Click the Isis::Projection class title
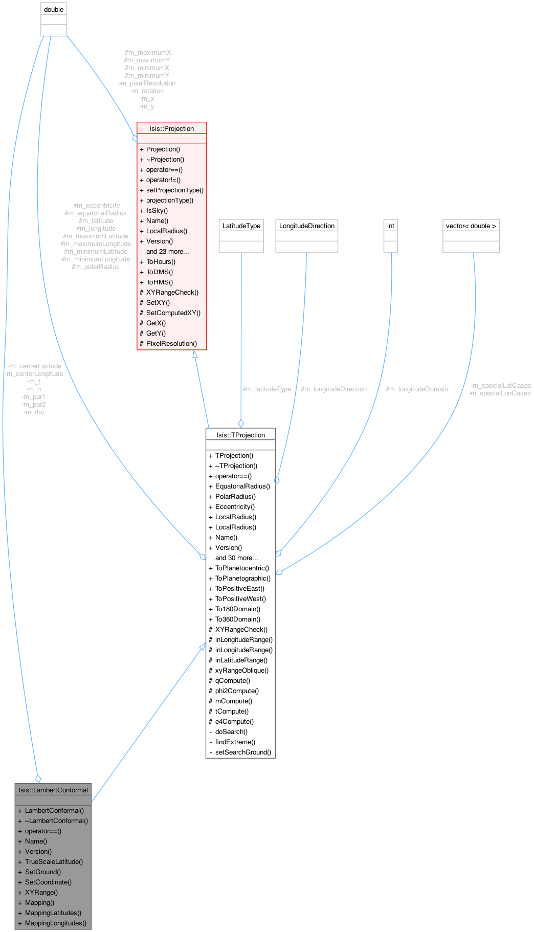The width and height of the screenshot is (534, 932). click(171, 128)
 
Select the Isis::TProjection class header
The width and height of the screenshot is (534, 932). click(240, 435)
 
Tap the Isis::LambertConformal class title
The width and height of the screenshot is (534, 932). click(53, 790)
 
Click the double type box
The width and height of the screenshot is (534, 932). click(54, 9)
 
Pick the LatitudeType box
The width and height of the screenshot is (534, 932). click(241, 226)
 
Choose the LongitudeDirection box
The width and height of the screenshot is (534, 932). click(307, 226)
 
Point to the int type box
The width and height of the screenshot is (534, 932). click(391, 226)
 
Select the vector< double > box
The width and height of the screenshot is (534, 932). click(471, 226)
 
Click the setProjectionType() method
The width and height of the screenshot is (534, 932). click(175, 190)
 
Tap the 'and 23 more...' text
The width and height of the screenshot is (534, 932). click(167, 251)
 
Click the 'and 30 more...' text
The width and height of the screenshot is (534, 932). click(236, 558)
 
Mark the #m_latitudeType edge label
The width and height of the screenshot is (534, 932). click(266, 389)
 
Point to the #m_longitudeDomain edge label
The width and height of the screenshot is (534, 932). click(417, 389)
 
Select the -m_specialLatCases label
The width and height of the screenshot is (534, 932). click(500, 385)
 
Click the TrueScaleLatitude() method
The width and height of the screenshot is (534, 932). click(54, 861)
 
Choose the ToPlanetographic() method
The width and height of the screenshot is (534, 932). click(243, 578)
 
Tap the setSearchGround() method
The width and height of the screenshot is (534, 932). click(243, 752)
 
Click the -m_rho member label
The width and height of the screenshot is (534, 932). click(34, 412)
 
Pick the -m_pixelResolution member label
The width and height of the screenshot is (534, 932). click(147, 83)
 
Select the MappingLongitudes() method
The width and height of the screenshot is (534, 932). click(56, 923)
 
